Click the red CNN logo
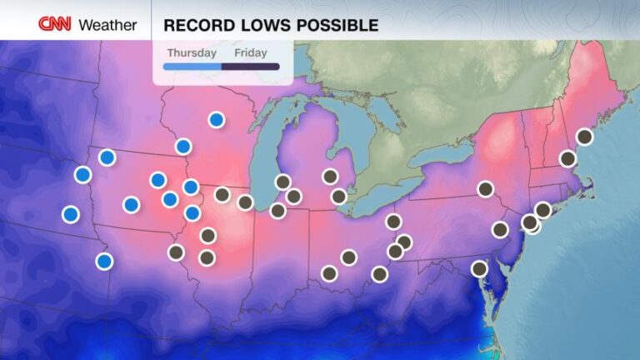pyautogui.click(x=55, y=24)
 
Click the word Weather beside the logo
pyautogui.click(x=107, y=25)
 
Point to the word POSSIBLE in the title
pyautogui.click(x=332, y=25)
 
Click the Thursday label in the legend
pyautogui.click(x=192, y=52)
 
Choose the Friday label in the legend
pyautogui.click(x=251, y=52)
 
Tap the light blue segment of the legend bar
pyautogui.click(x=192, y=66)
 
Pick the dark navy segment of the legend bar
pyautogui.click(x=251, y=66)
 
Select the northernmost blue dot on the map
pyautogui.click(x=217, y=120)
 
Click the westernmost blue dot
pyautogui.click(x=71, y=214)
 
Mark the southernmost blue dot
pyautogui.click(x=104, y=261)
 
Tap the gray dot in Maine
pyautogui.click(x=584, y=137)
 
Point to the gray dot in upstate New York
pyautogui.click(x=485, y=189)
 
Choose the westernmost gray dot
pyautogui.click(x=176, y=252)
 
